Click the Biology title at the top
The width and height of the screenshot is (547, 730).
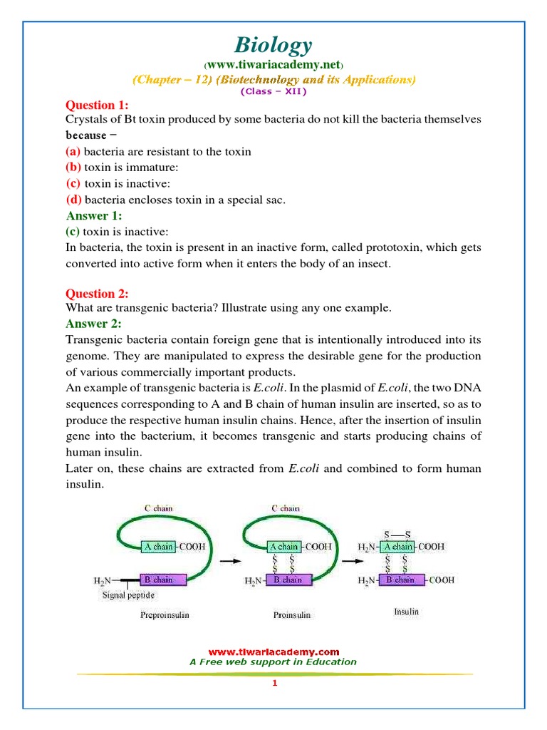point(273,46)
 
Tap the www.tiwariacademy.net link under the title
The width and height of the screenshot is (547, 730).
point(273,66)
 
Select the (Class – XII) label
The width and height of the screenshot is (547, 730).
point(273,92)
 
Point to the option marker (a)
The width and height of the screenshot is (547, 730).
point(73,151)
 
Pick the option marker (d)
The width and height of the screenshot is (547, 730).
point(73,200)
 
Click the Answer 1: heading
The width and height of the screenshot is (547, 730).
point(94,215)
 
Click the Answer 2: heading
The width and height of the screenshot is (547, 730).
point(94,324)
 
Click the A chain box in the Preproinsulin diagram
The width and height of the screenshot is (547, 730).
point(157,547)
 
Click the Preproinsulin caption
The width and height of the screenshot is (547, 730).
point(165,615)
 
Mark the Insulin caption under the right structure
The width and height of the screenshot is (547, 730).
point(406,612)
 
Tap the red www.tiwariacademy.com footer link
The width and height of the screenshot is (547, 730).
point(273,652)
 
